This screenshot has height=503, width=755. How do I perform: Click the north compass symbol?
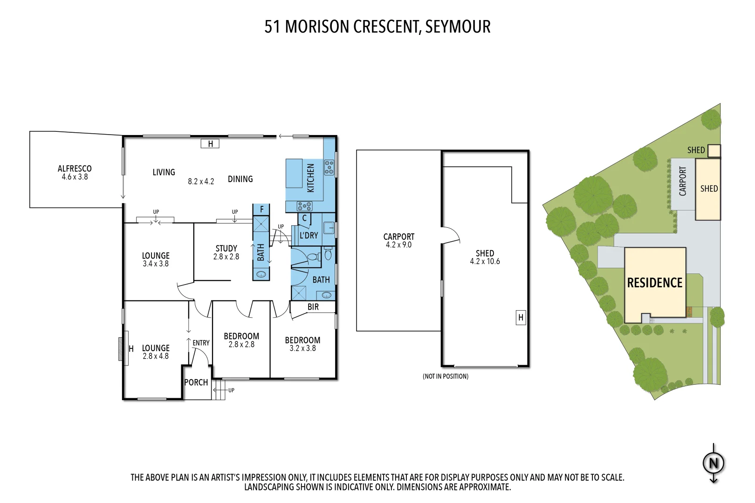[714, 463]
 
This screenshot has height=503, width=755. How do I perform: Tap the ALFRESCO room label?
[75, 172]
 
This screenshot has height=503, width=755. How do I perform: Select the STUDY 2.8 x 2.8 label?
[226, 252]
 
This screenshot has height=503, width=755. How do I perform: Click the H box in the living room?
[210, 144]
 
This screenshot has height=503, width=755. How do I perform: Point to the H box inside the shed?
[521, 318]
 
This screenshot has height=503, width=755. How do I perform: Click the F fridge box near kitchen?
[262, 210]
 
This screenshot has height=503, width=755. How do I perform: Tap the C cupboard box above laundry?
[304, 218]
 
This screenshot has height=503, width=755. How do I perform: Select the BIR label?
[313, 307]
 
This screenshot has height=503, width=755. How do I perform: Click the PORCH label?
[196, 382]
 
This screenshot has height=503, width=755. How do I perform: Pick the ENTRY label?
[201, 343]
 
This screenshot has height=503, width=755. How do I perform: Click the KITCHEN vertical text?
[311, 178]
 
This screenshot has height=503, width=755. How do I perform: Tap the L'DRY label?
[309, 236]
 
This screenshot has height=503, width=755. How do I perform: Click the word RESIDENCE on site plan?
[654, 283]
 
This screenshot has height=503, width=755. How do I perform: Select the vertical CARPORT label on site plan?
[683, 182]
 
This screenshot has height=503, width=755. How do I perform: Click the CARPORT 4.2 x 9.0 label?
[398, 240]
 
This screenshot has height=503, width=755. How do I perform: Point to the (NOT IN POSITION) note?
[445, 376]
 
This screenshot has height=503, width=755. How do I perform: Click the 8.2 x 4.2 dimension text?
[201, 182]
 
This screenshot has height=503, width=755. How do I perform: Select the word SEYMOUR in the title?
[458, 27]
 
